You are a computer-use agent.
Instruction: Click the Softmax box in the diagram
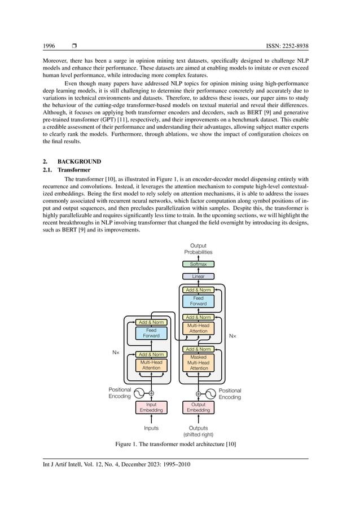pyautogui.click(x=198, y=264)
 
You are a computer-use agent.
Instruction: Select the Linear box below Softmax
pyautogui.click(x=198, y=277)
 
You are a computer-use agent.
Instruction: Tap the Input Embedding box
pyautogui.click(x=151, y=407)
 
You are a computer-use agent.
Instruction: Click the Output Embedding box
pyautogui.click(x=198, y=407)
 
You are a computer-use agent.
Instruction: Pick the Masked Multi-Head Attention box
pyautogui.click(x=199, y=363)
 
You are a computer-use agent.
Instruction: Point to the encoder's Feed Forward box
pyautogui.click(x=151, y=333)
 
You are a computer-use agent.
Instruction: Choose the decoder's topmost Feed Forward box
pyautogui.click(x=198, y=301)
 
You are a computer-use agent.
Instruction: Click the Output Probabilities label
pyautogui.click(x=198, y=249)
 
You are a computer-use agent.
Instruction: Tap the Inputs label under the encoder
pyautogui.click(x=151, y=428)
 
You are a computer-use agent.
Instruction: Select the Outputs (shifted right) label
pyautogui.click(x=198, y=431)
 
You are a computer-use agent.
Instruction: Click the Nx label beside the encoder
pyautogui.click(x=116, y=352)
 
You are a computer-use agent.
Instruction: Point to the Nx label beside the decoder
pyautogui.click(x=232, y=336)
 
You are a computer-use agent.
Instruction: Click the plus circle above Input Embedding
pyautogui.click(x=151, y=393)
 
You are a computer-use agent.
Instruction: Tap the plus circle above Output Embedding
pyautogui.click(x=198, y=393)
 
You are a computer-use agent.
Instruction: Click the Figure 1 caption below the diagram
pyautogui.click(x=175, y=445)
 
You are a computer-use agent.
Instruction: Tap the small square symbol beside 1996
pyautogui.click(x=74, y=46)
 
